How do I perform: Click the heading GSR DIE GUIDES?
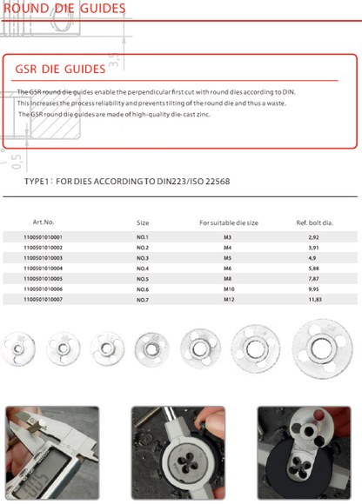point(60,70)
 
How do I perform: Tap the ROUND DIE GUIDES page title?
point(64,8)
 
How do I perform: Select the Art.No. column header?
point(44,222)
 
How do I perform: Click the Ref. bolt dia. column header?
point(315,222)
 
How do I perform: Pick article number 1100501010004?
point(44,269)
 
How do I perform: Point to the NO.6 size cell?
point(143,289)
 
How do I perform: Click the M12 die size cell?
point(229,300)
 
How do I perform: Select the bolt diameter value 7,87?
point(314,279)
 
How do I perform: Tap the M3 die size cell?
point(227,237)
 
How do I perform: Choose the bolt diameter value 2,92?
point(314,237)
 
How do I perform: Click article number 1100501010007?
point(44,300)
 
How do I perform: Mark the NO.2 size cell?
point(143,248)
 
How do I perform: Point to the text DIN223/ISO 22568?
point(193,182)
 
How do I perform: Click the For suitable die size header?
point(229,222)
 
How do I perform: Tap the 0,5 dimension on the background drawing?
point(17,162)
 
